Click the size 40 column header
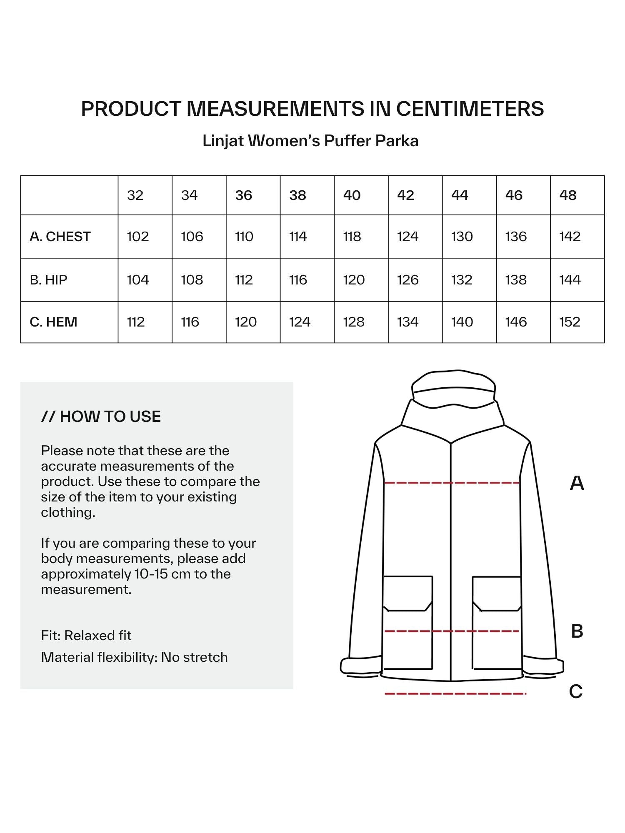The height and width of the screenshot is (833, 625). [352, 195]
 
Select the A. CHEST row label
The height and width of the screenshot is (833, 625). [60, 237]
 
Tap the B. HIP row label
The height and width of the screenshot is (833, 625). [48, 280]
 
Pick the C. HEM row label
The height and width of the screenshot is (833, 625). [53, 322]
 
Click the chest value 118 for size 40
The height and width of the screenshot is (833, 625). [352, 237]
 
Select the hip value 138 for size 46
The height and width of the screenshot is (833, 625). [515, 280]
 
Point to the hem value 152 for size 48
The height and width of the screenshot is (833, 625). [569, 322]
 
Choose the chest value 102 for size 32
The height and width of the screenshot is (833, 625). [137, 237]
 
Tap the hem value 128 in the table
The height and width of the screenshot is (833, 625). [353, 322]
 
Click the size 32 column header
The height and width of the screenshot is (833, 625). [135, 195]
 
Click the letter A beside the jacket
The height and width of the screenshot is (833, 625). [577, 483]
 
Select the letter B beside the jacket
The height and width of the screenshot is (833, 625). [577, 631]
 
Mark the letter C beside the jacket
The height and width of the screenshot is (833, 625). [575, 692]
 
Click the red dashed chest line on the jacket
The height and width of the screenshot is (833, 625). [452, 483]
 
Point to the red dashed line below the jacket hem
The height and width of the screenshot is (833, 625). [455, 694]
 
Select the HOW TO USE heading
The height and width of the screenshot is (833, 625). [101, 416]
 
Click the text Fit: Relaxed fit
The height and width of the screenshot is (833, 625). [86, 636]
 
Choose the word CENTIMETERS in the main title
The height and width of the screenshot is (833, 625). [470, 109]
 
